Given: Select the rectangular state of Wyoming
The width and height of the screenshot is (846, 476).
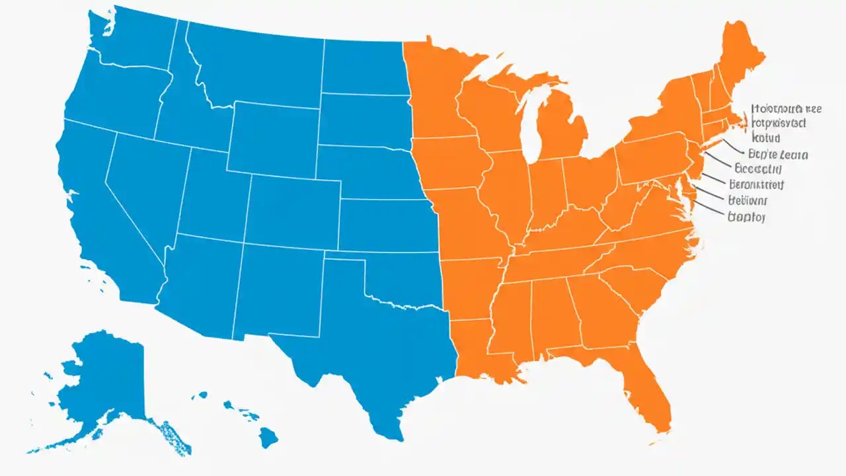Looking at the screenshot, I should [274, 139].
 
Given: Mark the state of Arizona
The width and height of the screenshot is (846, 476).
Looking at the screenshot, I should [198, 278].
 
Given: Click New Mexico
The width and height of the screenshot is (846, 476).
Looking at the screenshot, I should [278, 291].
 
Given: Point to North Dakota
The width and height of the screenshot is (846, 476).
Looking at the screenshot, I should [364, 66].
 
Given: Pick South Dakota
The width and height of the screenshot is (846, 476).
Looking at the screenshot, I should [364, 119].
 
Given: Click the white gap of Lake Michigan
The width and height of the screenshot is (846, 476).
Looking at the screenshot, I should [529, 132].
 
